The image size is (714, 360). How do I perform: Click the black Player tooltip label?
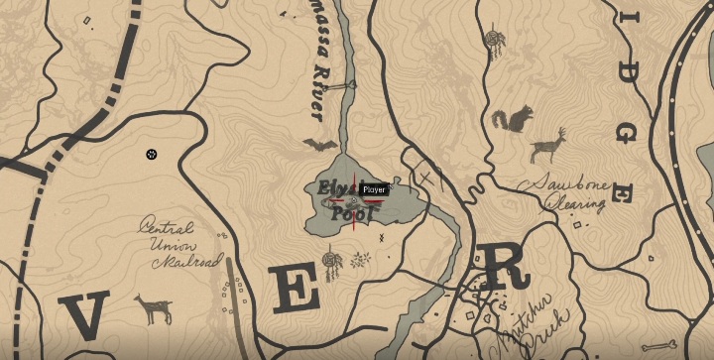pyautogui.click(x=374, y=189)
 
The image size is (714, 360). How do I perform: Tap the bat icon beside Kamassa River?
pyautogui.click(x=319, y=146)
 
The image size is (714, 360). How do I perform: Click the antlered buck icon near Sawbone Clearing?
pyautogui.click(x=547, y=145)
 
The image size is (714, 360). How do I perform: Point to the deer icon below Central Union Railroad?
pyautogui.click(x=152, y=308)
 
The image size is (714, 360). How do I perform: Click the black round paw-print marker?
pyautogui.click(x=151, y=154)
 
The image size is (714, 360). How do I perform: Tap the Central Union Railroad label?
pyautogui.click(x=178, y=244)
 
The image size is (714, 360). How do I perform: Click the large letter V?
pyautogui.click(x=86, y=316)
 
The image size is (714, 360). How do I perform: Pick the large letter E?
pyautogui.click(x=295, y=290)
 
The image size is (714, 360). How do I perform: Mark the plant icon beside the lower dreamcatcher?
pyautogui.click(x=362, y=260)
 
